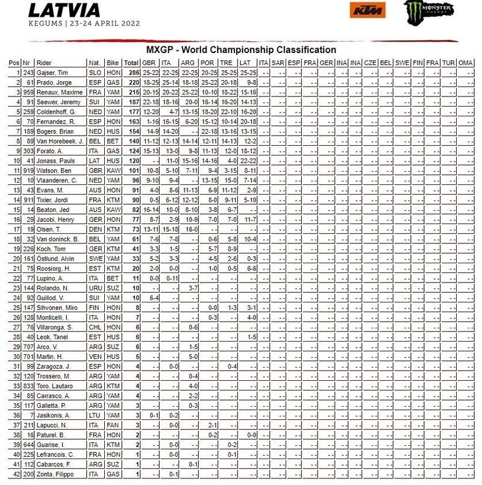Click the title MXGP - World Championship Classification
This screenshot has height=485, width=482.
[241, 50]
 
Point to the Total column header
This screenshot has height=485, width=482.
[131, 63]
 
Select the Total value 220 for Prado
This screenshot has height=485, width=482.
[131, 83]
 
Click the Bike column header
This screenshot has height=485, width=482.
[113, 63]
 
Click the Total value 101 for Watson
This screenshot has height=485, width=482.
[131, 171]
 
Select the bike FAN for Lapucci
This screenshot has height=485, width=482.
[113, 425]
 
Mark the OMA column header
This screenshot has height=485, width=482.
[465, 63]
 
